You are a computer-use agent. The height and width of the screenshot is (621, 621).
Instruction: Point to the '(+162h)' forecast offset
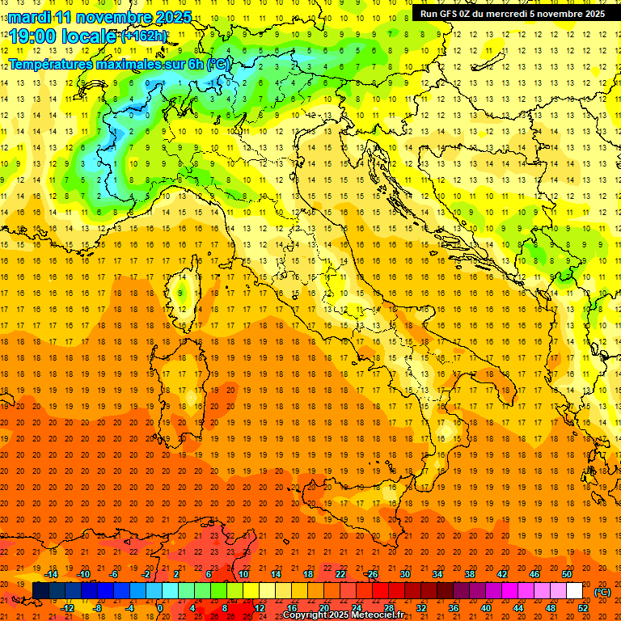(144, 36)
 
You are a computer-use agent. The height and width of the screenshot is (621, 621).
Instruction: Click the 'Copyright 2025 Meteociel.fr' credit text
(344, 615)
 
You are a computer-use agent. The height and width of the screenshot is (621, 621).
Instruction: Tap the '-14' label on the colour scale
(53, 574)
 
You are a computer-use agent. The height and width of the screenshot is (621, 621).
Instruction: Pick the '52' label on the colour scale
(583, 606)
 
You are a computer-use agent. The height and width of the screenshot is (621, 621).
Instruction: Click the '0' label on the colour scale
(159, 606)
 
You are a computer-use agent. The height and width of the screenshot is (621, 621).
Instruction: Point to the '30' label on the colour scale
(404, 574)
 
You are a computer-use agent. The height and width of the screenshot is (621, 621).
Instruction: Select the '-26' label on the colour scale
(371, 574)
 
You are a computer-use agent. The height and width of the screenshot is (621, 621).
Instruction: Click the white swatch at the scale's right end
(574, 590)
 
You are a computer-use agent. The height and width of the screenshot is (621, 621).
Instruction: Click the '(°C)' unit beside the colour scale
(602, 591)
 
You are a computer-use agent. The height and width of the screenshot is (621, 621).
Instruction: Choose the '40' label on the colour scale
(486, 606)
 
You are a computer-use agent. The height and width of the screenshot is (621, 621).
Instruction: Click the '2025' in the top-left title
(172, 17)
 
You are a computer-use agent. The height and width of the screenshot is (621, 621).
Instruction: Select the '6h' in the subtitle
(195, 64)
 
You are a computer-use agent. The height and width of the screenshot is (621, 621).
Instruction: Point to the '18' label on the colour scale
(307, 574)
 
